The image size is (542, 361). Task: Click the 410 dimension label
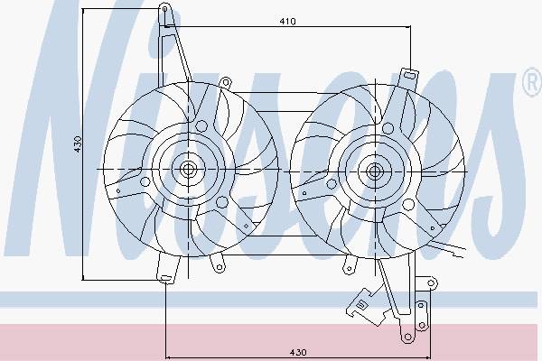click(287, 22)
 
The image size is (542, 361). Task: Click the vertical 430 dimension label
click(78, 144)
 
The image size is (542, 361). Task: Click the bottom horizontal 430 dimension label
click(297, 352)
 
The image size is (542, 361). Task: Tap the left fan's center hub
click(188, 169)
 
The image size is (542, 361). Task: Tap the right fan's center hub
click(374, 171)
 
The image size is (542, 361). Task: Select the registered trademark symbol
click(533, 82)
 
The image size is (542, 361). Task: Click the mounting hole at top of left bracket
click(165, 8)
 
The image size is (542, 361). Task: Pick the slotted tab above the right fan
click(408, 76)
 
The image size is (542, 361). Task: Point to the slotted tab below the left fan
click(166, 278)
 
